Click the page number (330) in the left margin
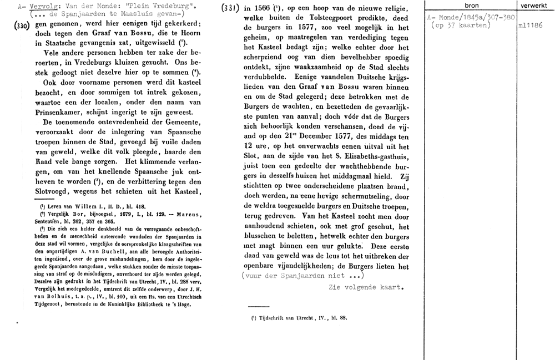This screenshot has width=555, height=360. point(20,27)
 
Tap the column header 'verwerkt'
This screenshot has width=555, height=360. point(534,5)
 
